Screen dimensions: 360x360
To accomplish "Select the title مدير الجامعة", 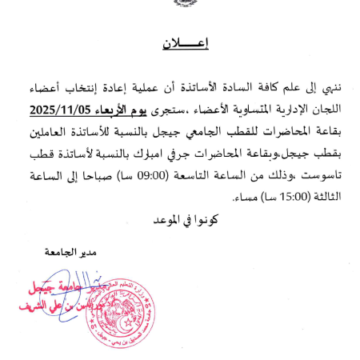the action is tap(82, 253).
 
